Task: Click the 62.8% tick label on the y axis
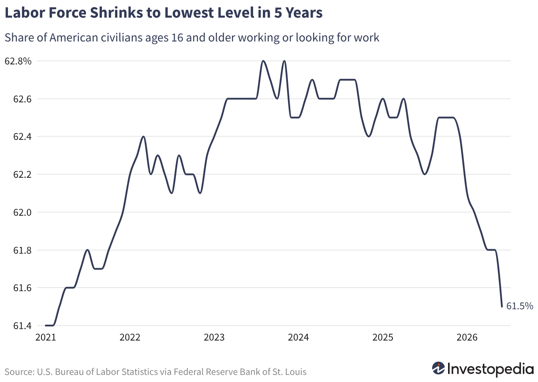click(18, 61)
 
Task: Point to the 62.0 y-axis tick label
click(22, 212)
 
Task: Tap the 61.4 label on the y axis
click(22, 326)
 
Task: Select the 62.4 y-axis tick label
click(22, 137)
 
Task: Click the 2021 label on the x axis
click(45, 337)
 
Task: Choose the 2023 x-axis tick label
click(214, 337)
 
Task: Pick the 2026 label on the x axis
click(467, 337)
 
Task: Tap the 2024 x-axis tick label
click(298, 337)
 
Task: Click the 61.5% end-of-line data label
click(520, 306)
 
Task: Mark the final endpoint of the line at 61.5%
click(502, 307)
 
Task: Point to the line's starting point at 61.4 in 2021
click(46, 326)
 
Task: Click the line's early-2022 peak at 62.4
click(143, 136)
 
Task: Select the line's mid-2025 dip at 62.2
click(425, 174)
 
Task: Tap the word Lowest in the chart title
click(189, 13)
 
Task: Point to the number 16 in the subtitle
click(177, 38)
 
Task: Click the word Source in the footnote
click(20, 372)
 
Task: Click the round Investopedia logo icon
click(438, 368)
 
